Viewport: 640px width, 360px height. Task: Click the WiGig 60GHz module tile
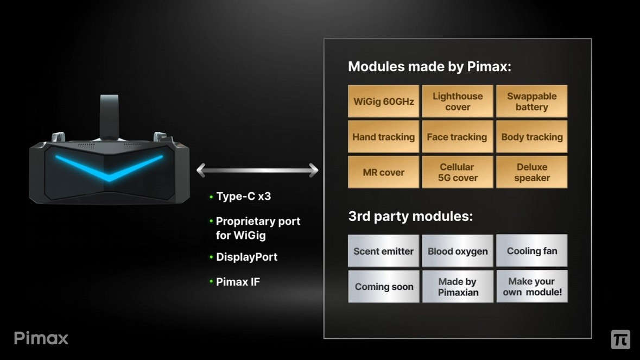[383, 102]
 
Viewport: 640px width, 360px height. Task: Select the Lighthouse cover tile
[458, 102]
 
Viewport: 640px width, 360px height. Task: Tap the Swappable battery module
[531, 102]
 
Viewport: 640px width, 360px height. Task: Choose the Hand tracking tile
[383, 137]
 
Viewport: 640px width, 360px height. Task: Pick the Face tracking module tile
[458, 137]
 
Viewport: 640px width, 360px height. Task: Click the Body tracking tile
[531, 137]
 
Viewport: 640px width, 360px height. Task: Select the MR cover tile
[383, 172]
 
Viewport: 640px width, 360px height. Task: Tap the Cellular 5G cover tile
[458, 172]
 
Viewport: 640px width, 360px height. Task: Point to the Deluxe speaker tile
[531, 172]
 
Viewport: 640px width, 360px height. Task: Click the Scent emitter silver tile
[383, 251]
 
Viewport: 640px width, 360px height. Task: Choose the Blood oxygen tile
[458, 251]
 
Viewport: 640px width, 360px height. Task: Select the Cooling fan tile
[531, 251]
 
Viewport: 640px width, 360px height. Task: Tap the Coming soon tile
[383, 287]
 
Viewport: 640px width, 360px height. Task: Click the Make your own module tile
[531, 287]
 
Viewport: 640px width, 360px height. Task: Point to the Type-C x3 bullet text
[243, 197]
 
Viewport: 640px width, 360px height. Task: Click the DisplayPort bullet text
[246, 257]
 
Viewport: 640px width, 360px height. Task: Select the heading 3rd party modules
[410, 216]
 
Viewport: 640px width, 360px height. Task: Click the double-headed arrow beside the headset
[257, 170]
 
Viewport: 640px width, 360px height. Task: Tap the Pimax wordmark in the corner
[41, 338]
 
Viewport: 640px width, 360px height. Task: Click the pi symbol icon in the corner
[620, 339]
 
